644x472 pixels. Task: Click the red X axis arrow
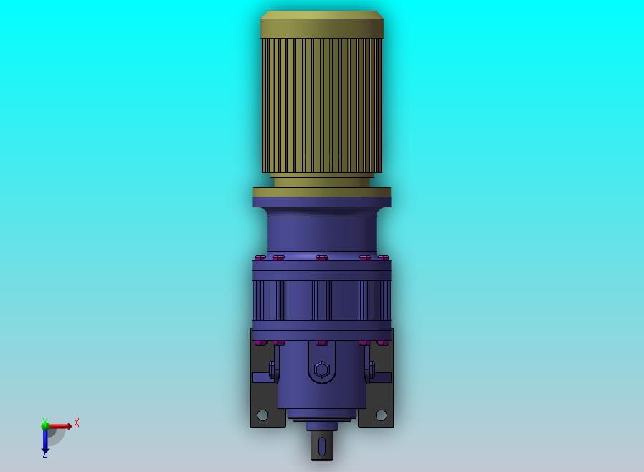click(x=59, y=426)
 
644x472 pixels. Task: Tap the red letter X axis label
click(x=77, y=423)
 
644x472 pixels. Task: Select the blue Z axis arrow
click(x=45, y=440)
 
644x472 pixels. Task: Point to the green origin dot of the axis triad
click(x=45, y=425)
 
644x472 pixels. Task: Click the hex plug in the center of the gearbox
click(x=322, y=369)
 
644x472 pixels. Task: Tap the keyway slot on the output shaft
click(x=322, y=446)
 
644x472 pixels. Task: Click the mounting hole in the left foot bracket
click(x=262, y=415)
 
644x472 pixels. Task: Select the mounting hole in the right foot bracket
click(x=381, y=415)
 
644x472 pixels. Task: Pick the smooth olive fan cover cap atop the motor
click(x=322, y=24)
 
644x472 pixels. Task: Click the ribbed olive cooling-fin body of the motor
click(x=322, y=105)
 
